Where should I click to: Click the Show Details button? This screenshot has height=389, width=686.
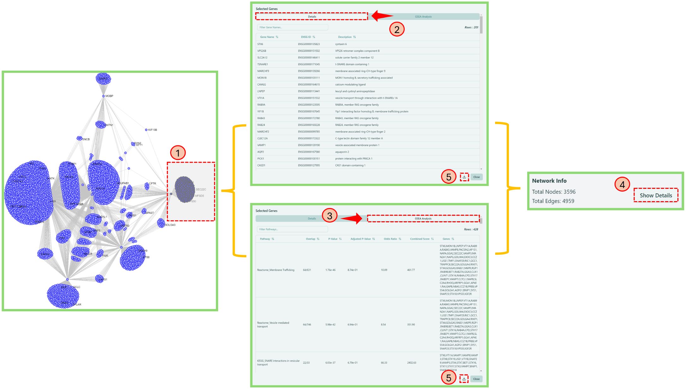[655, 195]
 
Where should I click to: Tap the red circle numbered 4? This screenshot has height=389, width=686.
[622, 184]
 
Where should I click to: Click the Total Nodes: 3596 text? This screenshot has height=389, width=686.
[553, 192]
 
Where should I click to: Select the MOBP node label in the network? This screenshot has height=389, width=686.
[109, 96]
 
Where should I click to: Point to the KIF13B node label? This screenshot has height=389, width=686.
[152, 130]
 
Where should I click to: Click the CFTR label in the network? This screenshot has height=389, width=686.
[152, 183]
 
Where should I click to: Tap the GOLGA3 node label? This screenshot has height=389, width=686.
[170, 225]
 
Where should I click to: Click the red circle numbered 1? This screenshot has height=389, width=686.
[178, 153]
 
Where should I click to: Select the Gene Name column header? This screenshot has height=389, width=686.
[267, 37]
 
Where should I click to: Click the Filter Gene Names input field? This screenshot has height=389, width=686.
[292, 27]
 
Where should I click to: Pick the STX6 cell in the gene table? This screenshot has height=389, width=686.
[260, 44]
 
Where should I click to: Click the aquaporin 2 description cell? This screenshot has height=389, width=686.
[342, 152]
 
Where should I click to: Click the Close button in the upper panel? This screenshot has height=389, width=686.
[476, 177]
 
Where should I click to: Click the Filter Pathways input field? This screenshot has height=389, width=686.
[292, 229]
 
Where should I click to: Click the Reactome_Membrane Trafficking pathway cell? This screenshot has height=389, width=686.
[276, 270]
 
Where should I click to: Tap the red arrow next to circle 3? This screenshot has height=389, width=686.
[352, 218]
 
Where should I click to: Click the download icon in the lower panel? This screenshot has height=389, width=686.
[463, 379]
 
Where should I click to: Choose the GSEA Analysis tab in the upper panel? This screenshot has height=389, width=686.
[423, 17]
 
